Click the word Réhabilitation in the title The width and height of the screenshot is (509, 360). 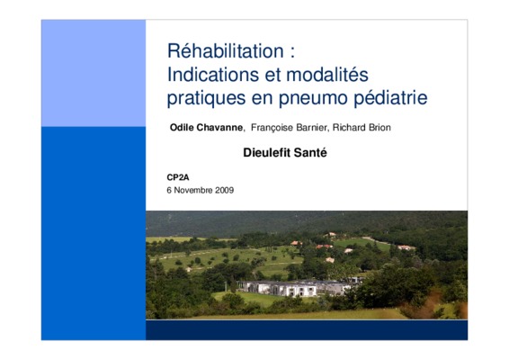[x=226, y=51]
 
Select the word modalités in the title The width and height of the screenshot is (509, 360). [x=327, y=75]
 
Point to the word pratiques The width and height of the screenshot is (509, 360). [x=206, y=98]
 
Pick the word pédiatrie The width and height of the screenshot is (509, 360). [x=390, y=98]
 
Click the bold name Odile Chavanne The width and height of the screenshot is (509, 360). [x=206, y=128]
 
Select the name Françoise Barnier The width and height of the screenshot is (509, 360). [x=289, y=128]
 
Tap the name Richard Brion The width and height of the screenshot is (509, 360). [x=362, y=128]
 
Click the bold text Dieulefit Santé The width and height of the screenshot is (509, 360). [x=285, y=152]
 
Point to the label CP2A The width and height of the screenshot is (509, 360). [x=178, y=177]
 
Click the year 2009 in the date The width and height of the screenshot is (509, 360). [x=224, y=190]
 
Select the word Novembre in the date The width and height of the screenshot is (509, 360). [x=192, y=190]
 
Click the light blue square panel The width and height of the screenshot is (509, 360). [x=94, y=73]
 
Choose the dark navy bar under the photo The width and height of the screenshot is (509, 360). [x=307, y=330]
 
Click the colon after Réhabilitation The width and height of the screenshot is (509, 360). [x=293, y=52]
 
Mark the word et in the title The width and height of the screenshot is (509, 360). [x=272, y=75]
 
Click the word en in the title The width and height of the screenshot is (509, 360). [x=262, y=99]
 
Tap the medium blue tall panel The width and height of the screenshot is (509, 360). [x=94, y=233]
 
